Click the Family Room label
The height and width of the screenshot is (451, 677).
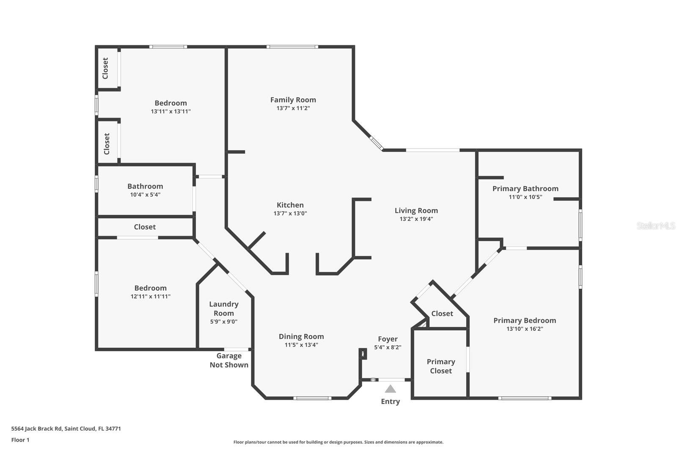pos(293,100)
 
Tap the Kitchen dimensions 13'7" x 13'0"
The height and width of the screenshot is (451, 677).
pos(290,214)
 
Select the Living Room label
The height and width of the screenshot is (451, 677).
pos(416,211)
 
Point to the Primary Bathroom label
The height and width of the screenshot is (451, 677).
pos(525,189)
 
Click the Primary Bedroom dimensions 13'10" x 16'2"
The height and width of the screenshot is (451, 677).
pos(524,329)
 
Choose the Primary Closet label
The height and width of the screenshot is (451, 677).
pos(440,366)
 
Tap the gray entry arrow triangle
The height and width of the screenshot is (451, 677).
pos(390,389)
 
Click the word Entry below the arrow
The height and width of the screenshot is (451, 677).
pos(390,401)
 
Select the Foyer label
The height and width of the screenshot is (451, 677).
pos(388,339)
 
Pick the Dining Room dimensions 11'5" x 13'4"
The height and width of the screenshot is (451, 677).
pos(301,345)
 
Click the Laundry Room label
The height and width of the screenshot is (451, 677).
pos(223,308)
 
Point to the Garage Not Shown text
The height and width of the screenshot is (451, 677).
pos(229,360)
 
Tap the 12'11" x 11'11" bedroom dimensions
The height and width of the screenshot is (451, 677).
pos(150,297)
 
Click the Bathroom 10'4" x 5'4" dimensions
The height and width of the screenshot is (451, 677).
pos(145,195)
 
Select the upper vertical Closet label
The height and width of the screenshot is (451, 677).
pos(105,68)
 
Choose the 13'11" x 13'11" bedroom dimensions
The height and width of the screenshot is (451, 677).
pos(171,112)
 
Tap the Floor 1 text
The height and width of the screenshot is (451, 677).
pos(20,440)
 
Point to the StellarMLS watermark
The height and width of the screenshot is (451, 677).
pos(655,226)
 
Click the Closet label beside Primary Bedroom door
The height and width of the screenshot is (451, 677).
pos(442,313)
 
